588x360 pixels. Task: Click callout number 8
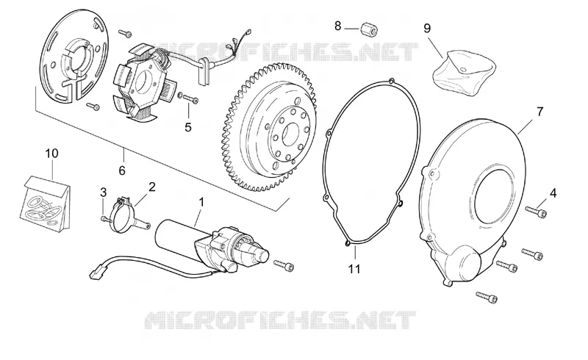click(x=338, y=26)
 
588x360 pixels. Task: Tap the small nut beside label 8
click(x=369, y=29)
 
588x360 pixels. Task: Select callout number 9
click(x=427, y=28)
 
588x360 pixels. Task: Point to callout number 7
click(x=540, y=112)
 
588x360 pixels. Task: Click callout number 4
click(x=553, y=193)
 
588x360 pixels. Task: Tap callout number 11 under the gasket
click(x=354, y=269)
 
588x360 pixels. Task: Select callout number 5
click(x=188, y=127)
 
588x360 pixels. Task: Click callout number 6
click(x=122, y=170)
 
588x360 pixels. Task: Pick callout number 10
click(x=52, y=153)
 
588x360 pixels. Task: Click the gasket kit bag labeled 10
click(x=45, y=203)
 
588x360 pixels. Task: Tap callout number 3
click(x=103, y=192)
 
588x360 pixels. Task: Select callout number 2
click(x=152, y=187)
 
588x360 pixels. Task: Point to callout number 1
click(x=201, y=202)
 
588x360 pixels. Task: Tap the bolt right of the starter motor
click(x=284, y=265)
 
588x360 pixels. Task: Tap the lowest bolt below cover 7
click(x=487, y=297)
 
